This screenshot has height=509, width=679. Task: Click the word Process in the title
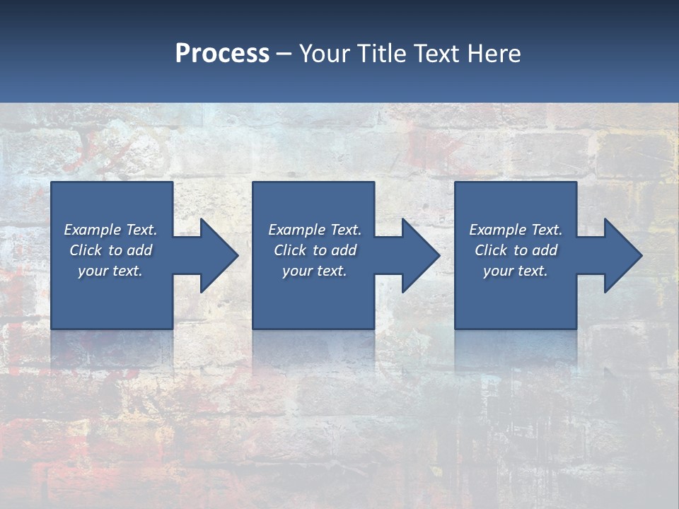pos(222,54)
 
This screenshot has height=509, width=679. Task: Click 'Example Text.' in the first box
pos(110,230)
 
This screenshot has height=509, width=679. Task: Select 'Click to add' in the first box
pos(110,250)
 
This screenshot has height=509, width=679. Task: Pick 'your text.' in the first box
pos(110,271)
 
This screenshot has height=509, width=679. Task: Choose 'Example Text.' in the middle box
pos(315,230)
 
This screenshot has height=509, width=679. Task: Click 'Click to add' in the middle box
pos(315,250)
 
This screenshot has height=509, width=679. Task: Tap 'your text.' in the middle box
pos(315,271)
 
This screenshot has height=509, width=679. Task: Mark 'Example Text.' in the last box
pos(516,230)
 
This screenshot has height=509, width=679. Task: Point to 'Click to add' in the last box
pos(516,250)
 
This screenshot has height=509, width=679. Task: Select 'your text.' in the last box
pos(516,271)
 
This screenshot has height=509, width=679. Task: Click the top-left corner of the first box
pos(52,183)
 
